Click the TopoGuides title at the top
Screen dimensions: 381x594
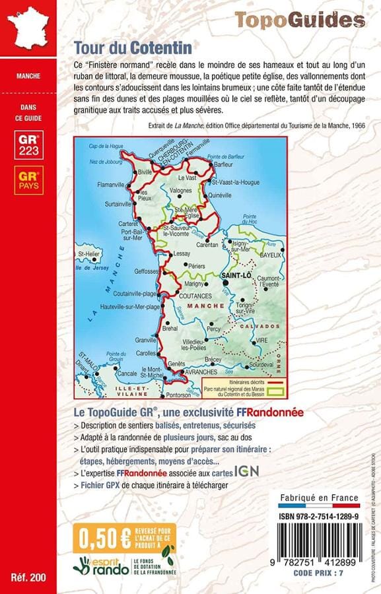tap(299, 20)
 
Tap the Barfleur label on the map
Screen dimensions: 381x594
tap(224, 166)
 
